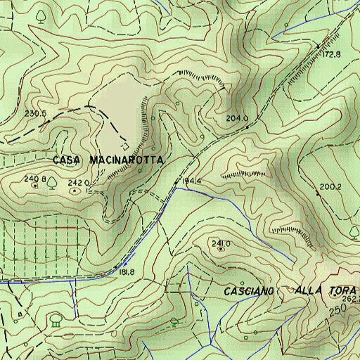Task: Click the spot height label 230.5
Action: pyautogui.click(x=35, y=113)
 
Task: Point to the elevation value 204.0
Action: pyautogui.click(x=237, y=119)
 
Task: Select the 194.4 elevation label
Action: pyautogui.click(x=191, y=181)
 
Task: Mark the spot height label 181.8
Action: pyautogui.click(x=127, y=272)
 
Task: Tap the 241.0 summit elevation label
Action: pyautogui.click(x=221, y=243)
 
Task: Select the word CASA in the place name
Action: pyautogui.click(x=67, y=160)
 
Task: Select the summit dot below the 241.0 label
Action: pyautogui.click(x=221, y=249)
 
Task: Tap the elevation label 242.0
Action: pyautogui.click(x=77, y=183)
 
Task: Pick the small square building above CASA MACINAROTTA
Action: pyautogui.click(x=125, y=147)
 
